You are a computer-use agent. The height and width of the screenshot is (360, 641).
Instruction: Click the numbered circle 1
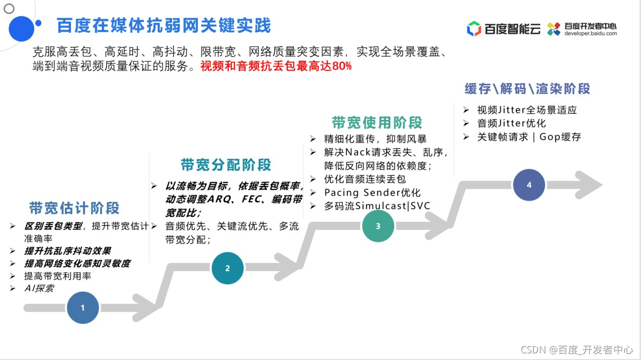tap(83, 307)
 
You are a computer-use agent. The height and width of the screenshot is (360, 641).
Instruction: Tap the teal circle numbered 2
tap(227, 268)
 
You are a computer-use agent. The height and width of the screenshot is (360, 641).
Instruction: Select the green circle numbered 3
tap(378, 226)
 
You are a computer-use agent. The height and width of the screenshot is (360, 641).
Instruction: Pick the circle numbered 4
tap(529, 185)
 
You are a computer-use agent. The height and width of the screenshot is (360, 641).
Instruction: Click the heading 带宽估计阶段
tap(75, 208)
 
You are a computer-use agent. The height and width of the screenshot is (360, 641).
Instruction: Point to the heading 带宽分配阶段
tap(226, 165)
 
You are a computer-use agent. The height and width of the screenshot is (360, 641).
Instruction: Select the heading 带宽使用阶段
tap(377, 123)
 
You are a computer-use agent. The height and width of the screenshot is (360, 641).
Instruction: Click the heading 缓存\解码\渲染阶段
tap(527, 89)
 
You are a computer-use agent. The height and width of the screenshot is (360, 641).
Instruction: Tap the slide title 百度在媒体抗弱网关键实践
tap(163, 26)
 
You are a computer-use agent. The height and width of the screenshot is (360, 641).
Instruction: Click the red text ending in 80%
tap(276, 66)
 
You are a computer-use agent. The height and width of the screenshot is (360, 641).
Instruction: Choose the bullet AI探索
tap(39, 289)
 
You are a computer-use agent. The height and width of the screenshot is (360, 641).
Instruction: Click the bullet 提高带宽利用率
tap(58, 276)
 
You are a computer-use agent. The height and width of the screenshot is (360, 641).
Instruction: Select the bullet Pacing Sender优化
tap(372, 193)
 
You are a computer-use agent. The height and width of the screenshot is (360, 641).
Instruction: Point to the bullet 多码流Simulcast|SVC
tap(377, 206)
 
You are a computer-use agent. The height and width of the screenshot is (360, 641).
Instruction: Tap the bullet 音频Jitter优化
tap(511, 124)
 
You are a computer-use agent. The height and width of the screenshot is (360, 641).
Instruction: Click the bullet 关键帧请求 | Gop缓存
tap(529, 137)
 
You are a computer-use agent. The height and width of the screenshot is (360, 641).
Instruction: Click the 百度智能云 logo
tap(504, 29)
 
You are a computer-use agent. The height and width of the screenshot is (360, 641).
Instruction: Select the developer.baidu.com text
tap(590, 34)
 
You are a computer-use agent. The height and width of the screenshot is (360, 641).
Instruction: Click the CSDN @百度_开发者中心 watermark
tap(577, 350)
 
